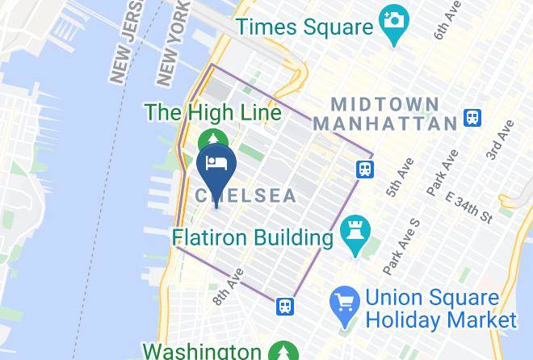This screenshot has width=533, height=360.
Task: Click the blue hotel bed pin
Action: pyautogui.click(x=216, y=165)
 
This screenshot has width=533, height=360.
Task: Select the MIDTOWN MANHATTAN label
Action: pyautogui.click(x=386, y=114)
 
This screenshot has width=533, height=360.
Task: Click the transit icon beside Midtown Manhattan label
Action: pyautogui.click(x=473, y=119)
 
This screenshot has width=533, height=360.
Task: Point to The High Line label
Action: pyautogui.click(x=213, y=112)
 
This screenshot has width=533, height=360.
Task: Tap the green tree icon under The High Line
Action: pyautogui.click(x=212, y=139)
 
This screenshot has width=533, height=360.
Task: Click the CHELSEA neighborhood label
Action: pyautogui.click(x=246, y=196)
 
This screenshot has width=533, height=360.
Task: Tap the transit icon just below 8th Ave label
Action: pyautogui.click(x=283, y=307)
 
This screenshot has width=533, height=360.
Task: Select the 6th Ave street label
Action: pyautogui.click(x=445, y=19)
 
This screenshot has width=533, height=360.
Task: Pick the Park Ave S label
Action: pyautogui.click(x=401, y=245)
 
